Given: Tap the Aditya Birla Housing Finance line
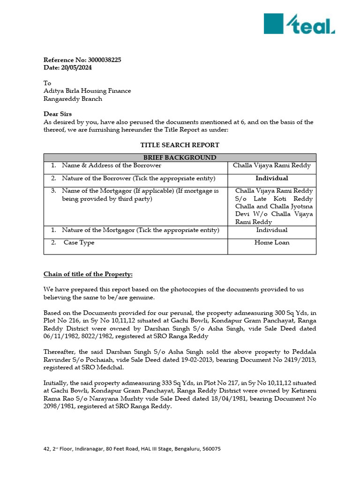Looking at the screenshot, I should (87, 91).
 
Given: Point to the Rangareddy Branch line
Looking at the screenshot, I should (73, 99).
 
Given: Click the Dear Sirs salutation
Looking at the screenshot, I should (58, 114).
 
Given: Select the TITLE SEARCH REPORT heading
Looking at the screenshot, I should (180, 145).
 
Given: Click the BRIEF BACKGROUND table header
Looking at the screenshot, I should (180, 157).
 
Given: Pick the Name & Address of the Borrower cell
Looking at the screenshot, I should (112, 165).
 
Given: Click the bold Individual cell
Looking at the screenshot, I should (272, 178).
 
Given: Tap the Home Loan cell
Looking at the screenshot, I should (272, 243).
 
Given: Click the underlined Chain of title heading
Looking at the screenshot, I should (88, 274).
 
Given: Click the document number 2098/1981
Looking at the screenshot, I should (61, 407).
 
